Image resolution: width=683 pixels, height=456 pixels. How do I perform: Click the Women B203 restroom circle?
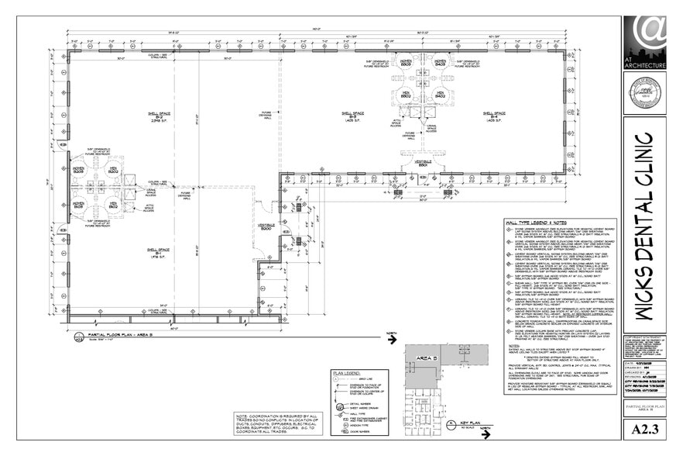78,168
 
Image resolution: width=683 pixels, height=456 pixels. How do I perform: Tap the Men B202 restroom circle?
112,168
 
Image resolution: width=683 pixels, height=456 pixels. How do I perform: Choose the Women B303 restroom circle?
405,60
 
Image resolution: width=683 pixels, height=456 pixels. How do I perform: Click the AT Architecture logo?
644,43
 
